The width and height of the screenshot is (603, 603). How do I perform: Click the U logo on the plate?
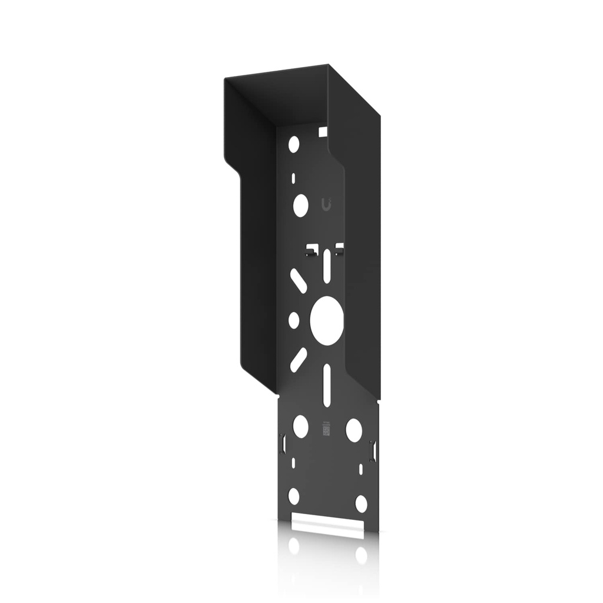pyautogui.click(x=326, y=204)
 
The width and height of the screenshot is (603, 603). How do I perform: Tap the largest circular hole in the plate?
pyautogui.click(x=326, y=320)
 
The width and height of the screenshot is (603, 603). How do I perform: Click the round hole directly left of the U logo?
pyautogui.click(x=300, y=205)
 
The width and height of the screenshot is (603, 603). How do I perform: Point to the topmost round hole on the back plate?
pyautogui.click(x=294, y=144)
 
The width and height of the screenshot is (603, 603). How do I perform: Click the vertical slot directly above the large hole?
pyautogui.click(x=326, y=266)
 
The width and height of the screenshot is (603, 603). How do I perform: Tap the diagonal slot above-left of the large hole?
pyautogui.click(x=298, y=281)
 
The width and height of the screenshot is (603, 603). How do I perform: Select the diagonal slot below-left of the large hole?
pyautogui.click(x=298, y=359)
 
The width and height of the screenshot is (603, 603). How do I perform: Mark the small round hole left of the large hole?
pyautogui.click(x=293, y=320)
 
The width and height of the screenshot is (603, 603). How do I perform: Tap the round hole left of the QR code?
pyautogui.click(x=300, y=426)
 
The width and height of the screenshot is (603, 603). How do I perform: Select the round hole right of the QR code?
pyautogui.click(x=354, y=430)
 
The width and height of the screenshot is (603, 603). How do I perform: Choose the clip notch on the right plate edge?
pyautogui.click(x=372, y=450)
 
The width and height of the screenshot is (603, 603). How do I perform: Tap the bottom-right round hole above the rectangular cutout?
pyautogui.click(x=361, y=503)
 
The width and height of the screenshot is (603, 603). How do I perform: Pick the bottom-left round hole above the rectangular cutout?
pyautogui.click(x=294, y=496)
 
